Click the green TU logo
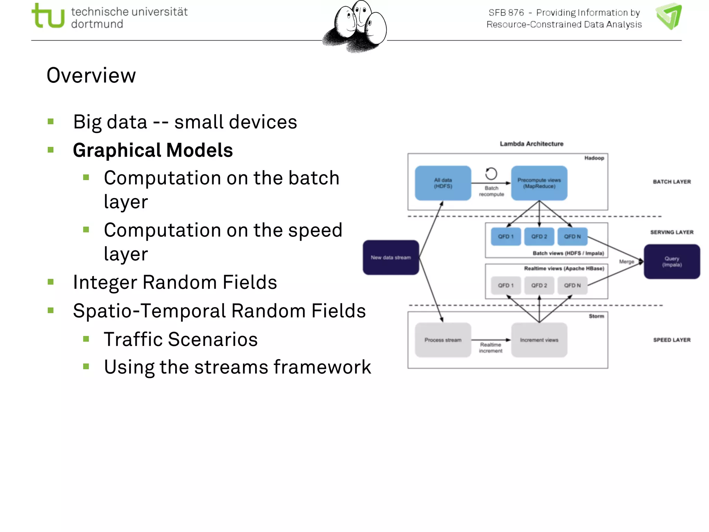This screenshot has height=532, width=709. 48,16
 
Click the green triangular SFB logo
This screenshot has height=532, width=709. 669,16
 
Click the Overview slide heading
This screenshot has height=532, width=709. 91,75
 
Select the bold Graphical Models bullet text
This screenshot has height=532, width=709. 153,150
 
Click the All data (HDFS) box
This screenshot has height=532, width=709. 443,183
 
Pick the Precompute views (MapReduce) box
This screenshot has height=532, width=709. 539,183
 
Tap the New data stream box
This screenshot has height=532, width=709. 391,257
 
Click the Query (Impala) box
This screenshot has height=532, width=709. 672,261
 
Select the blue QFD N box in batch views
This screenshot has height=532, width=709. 572,237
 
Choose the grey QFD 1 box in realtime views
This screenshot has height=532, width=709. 506,285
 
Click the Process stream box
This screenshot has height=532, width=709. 443,340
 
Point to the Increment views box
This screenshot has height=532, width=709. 539,340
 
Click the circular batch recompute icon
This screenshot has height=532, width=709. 491,174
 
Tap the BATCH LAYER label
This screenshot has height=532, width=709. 672,182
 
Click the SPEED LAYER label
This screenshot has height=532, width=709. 672,340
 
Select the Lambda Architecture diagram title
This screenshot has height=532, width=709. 531,144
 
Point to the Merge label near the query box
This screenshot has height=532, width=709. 626,262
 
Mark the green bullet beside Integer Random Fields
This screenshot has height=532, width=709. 51,282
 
